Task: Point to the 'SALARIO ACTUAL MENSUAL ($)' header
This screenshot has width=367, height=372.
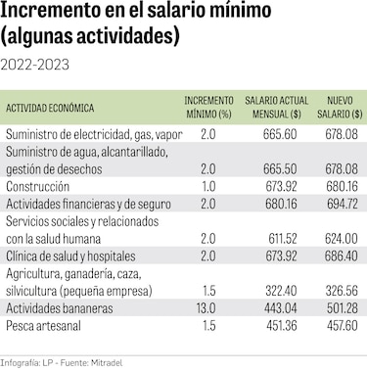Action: tap(276, 108)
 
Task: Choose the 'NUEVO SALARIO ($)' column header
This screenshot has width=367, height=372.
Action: tap(340, 108)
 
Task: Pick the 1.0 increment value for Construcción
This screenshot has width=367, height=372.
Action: tap(207, 187)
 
